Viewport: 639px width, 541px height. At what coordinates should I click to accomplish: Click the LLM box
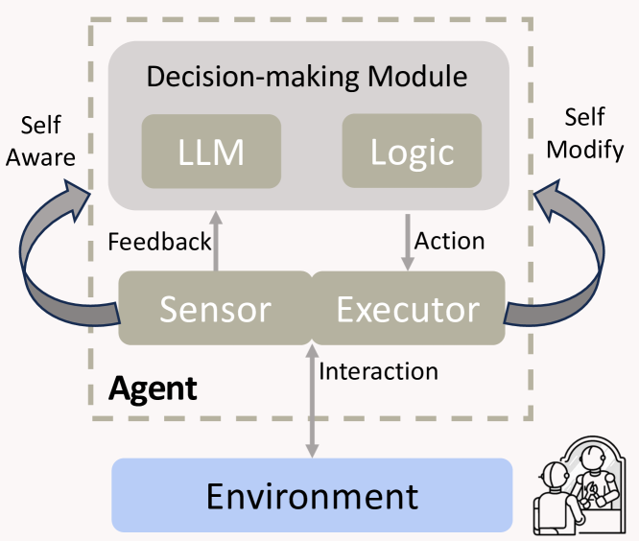[x=211, y=151]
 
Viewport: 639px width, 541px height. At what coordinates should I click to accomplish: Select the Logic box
[x=412, y=151]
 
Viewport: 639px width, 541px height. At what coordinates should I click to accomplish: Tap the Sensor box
[x=215, y=309]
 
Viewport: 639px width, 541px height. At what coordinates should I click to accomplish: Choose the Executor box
[x=408, y=309]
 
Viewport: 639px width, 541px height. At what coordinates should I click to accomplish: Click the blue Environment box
[x=312, y=495]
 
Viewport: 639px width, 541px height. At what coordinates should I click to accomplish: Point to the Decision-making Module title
[x=307, y=77]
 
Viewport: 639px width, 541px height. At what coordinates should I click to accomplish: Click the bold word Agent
[x=153, y=388]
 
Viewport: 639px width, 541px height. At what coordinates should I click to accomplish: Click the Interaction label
[x=378, y=371]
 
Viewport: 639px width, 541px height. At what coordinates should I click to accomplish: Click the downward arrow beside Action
[x=408, y=242]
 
